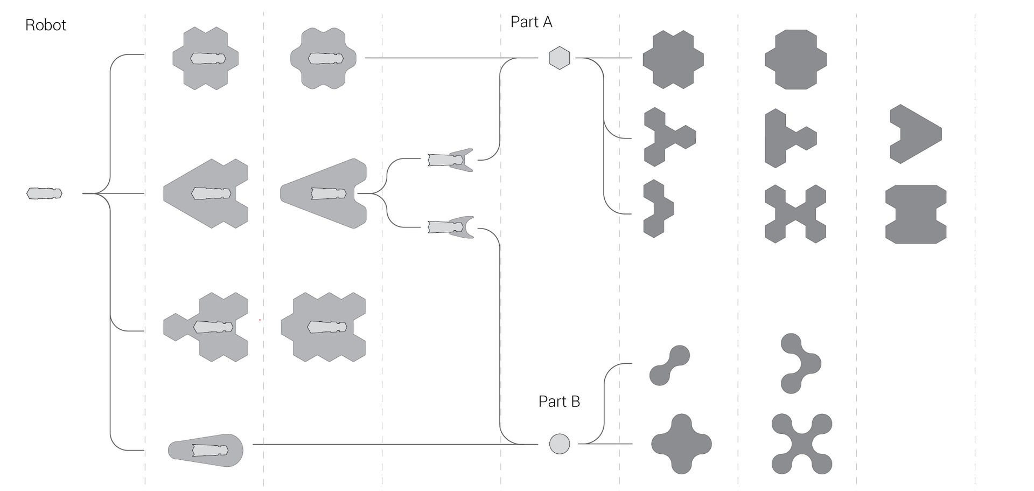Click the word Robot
(x=46, y=25)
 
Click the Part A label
(x=531, y=22)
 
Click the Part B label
(x=559, y=402)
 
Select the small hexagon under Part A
(x=560, y=58)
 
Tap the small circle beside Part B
(x=560, y=444)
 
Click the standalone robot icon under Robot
(x=44, y=193)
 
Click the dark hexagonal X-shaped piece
(x=795, y=214)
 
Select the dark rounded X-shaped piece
(x=802, y=444)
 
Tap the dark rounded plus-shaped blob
(x=681, y=444)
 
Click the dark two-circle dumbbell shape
(x=669, y=365)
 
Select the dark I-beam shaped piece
(x=916, y=214)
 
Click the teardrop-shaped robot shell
(x=206, y=450)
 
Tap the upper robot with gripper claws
(x=450, y=160)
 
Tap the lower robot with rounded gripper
(x=450, y=227)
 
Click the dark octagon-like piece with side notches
(x=795, y=59)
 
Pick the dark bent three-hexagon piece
(x=656, y=209)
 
